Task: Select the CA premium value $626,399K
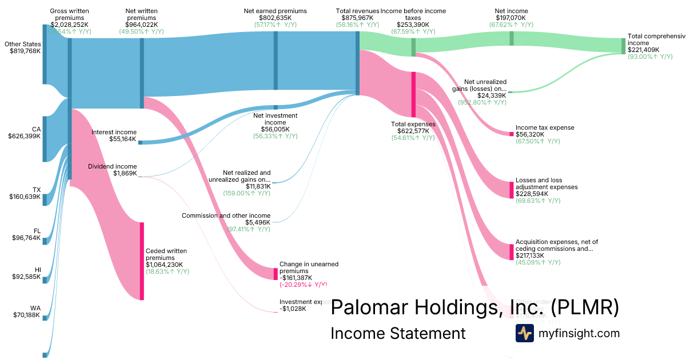pyautogui.click(x=24, y=137)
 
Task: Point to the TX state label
pyautogui.click(x=37, y=190)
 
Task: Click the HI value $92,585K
pyautogui.click(x=26, y=277)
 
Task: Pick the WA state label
pyautogui.click(x=36, y=307)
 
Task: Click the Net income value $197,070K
pyautogui.click(x=511, y=18)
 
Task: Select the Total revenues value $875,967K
pyautogui.click(x=357, y=18)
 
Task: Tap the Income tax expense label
pyautogui.click(x=545, y=127)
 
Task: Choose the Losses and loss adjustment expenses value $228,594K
pyautogui.click(x=532, y=194)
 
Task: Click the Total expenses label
pyautogui.click(x=413, y=124)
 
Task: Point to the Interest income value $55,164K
pyautogui.click(x=123, y=139)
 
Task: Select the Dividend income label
pyautogui.click(x=112, y=166)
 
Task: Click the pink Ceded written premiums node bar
pyautogui.click(x=142, y=261)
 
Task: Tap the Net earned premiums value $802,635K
pyautogui.click(x=275, y=18)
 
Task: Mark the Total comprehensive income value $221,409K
pyautogui.click(x=644, y=50)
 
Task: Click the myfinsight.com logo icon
pyautogui.click(x=524, y=333)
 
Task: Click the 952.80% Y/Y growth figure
pyautogui.click(x=482, y=102)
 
